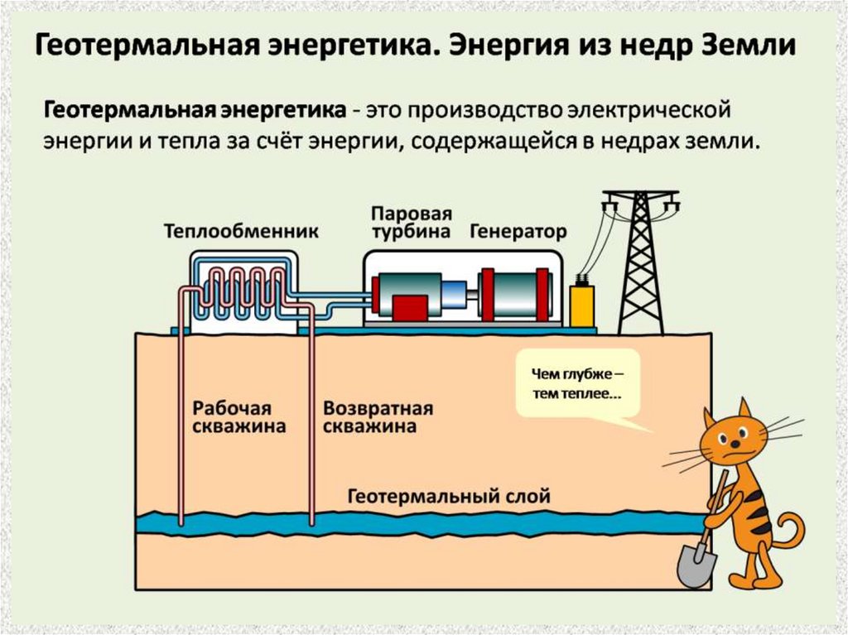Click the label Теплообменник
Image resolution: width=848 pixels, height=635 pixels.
pos(240,231)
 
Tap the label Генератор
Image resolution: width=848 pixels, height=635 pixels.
pos(518,231)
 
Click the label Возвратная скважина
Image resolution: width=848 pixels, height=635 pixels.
pos(378,418)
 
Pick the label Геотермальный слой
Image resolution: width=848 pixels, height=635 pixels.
pos(448,497)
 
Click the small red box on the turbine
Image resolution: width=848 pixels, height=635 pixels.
pos(409,307)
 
